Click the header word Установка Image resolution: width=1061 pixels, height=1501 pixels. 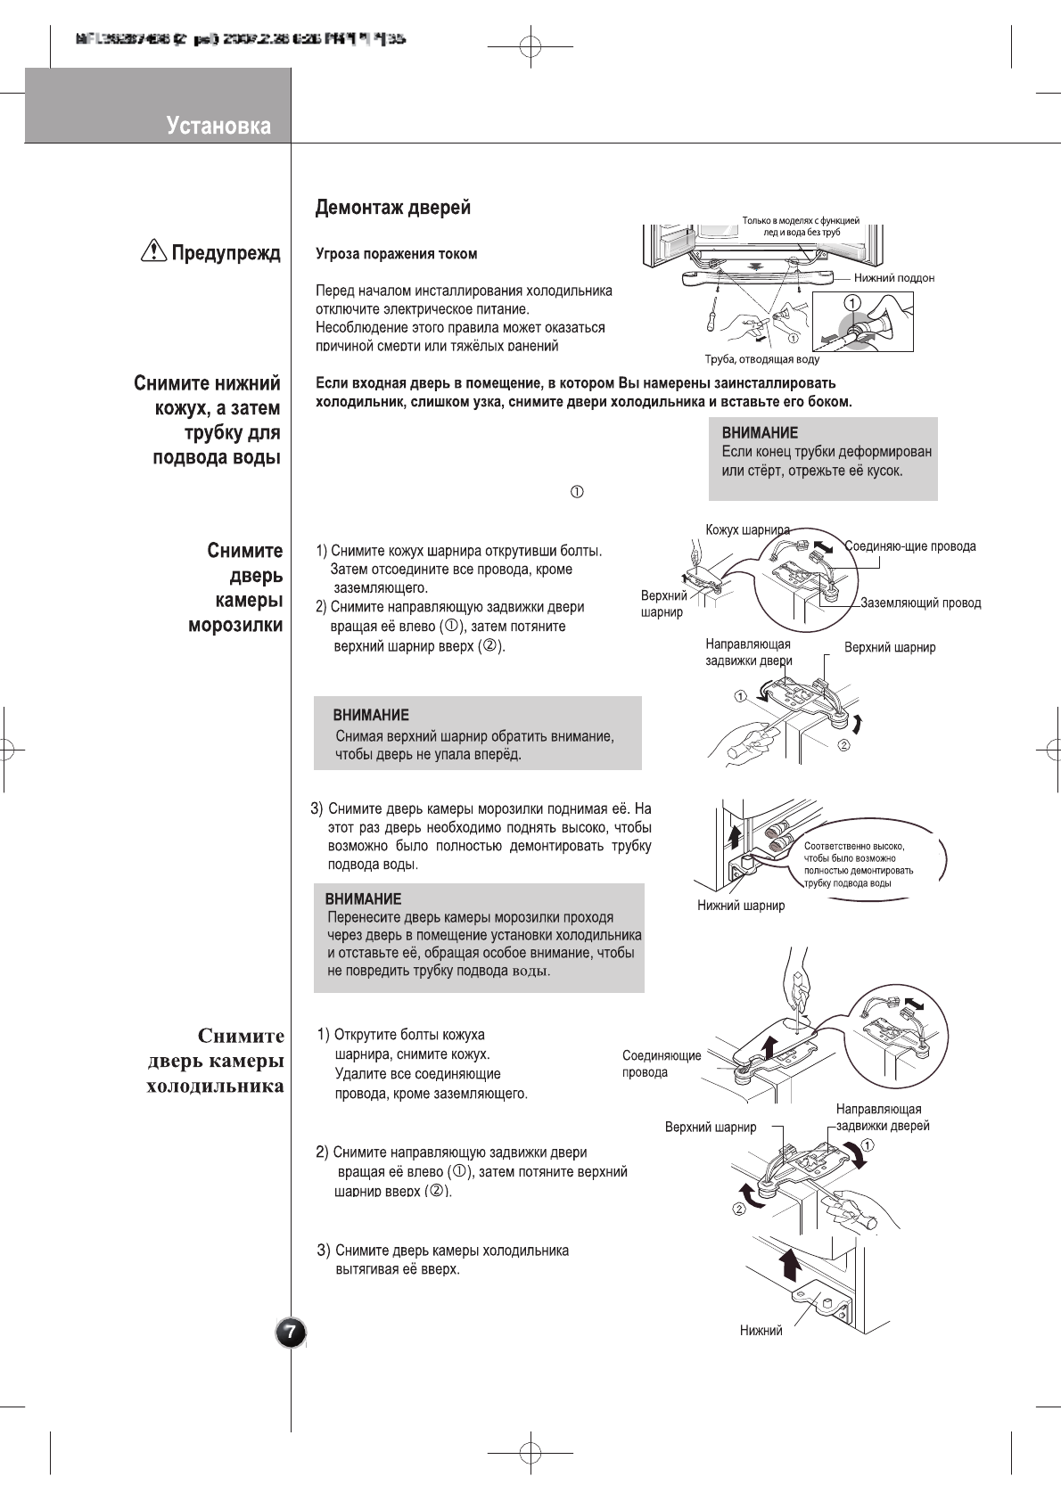218,126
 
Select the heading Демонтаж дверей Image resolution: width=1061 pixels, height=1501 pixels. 392,208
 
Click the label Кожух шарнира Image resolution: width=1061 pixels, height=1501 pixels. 747,529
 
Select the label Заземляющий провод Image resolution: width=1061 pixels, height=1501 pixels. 920,603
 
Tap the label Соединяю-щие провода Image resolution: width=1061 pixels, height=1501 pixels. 909,546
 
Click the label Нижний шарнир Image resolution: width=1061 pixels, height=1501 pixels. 741,906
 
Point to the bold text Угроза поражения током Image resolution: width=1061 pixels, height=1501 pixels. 397,254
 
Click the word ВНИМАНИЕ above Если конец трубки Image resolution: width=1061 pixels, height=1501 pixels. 760,433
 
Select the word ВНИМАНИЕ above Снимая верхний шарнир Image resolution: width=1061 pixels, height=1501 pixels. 371,715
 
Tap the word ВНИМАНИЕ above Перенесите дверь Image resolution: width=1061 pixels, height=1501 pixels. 363,898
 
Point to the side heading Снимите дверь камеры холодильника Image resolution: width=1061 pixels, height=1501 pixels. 216,1061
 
